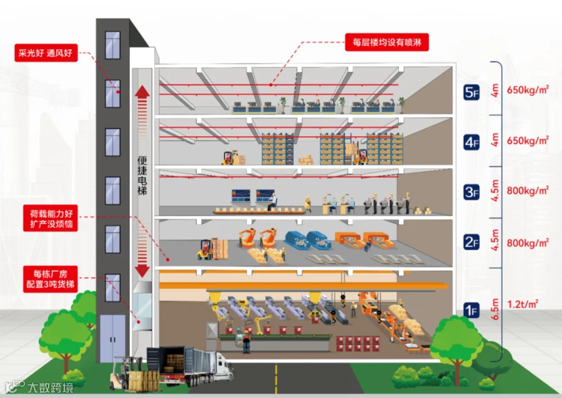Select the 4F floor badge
471,142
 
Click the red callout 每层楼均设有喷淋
387,43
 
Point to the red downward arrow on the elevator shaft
142,270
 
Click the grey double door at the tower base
112,338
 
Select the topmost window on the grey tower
112,45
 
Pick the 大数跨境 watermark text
50,388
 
